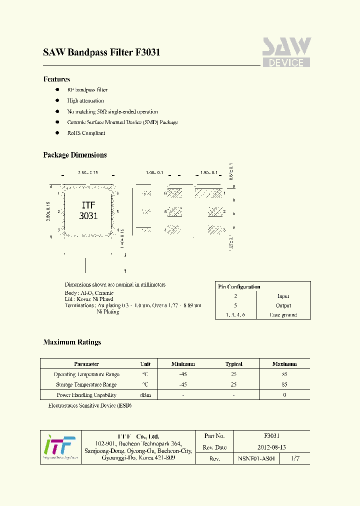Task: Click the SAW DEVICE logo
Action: [286, 52]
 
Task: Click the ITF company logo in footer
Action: [59, 447]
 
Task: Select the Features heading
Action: [56, 79]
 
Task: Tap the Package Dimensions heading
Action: [75, 155]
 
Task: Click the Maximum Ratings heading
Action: [72, 342]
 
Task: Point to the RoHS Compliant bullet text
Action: [86, 133]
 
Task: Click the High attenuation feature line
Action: [85, 100]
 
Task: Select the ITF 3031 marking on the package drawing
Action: [88, 210]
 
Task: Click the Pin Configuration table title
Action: [239, 286]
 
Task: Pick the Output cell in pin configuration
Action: [283, 305]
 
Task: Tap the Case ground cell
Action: [283, 315]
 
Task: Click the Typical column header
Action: [233, 364]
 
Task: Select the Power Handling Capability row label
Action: [86, 395]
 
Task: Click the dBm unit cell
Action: [145, 395]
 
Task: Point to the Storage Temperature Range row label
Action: [86, 384]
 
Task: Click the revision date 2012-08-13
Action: [271, 447]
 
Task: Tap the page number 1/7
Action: [295, 458]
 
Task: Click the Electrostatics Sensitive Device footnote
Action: [90, 405]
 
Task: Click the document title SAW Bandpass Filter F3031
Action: [101, 52]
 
